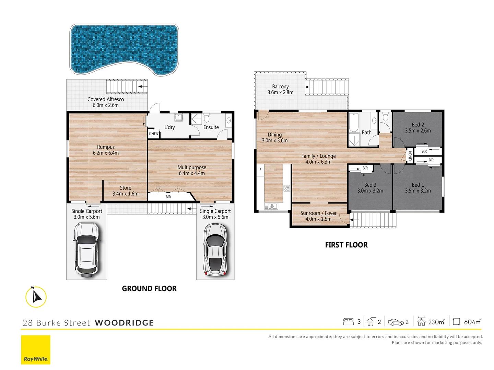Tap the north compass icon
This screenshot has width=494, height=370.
coord(36,297)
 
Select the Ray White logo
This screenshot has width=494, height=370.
coord(36,350)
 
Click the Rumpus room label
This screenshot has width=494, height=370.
coord(106,150)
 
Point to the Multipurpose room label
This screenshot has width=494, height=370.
coord(192,170)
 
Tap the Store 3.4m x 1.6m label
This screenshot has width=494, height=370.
coord(126,191)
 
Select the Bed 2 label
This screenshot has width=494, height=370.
coord(418,127)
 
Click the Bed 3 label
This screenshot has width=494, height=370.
coord(370,188)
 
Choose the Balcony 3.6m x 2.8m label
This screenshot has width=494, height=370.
coord(280,89)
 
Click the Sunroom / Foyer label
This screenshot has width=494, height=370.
coord(318,216)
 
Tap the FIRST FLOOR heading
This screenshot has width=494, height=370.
coord(346,245)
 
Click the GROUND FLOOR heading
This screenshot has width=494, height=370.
coord(149,289)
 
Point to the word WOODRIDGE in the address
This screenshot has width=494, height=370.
coord(124,323)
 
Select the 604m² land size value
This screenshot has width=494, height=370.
coord(472,322)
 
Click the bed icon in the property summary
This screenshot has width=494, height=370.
coord(348,322)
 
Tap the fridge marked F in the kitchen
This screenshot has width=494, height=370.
coord(260,170)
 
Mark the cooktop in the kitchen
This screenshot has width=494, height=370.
coord(287,188)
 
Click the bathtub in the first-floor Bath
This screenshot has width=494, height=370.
coord(354,123)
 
